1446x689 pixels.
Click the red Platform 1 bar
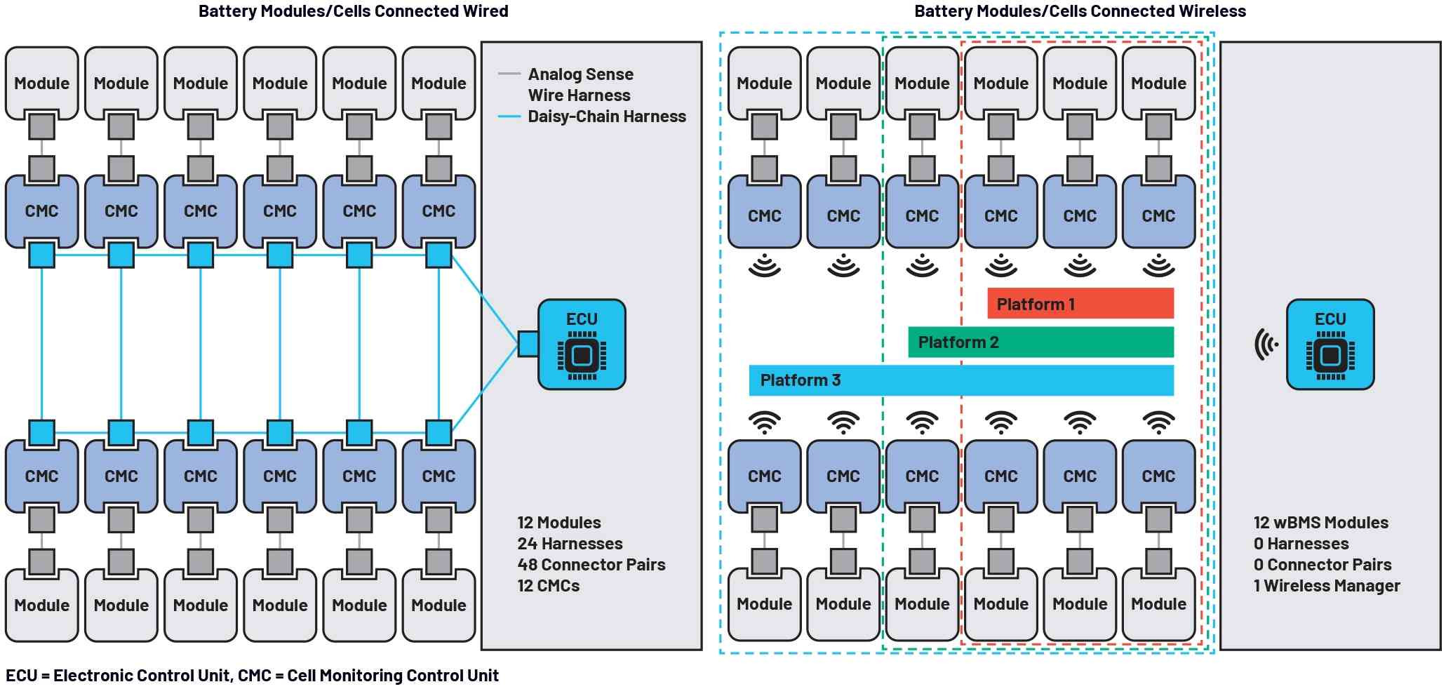coord(1080,303)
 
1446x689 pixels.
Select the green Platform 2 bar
coord(1041,342)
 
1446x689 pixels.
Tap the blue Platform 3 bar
coord(961,380)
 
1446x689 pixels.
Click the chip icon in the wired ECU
coord(582,356)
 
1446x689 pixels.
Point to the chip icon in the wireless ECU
coord(1330,356)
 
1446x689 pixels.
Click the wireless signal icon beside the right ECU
coord(1266,344)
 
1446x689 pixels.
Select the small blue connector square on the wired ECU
coord(528,344)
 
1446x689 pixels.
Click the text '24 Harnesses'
coord(570,544)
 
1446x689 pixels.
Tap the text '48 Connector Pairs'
coord(591,565)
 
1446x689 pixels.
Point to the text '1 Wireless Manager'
coord(1327,586)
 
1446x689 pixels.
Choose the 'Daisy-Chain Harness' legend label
coord(607,116)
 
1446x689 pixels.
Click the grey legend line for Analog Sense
coord(509,74)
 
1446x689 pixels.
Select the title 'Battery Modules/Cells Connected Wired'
coord(354,11)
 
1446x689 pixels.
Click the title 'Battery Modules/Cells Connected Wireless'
coord(1080,11)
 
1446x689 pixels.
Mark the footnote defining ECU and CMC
coord(253,676)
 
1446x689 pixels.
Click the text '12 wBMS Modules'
coord(1321,523)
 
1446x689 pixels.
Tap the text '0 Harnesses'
coord(1301,544)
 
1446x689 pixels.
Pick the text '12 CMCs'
coord(549,586)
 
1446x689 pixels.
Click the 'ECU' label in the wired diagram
coord(582,319)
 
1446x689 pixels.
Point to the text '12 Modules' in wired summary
coord(559,523)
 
